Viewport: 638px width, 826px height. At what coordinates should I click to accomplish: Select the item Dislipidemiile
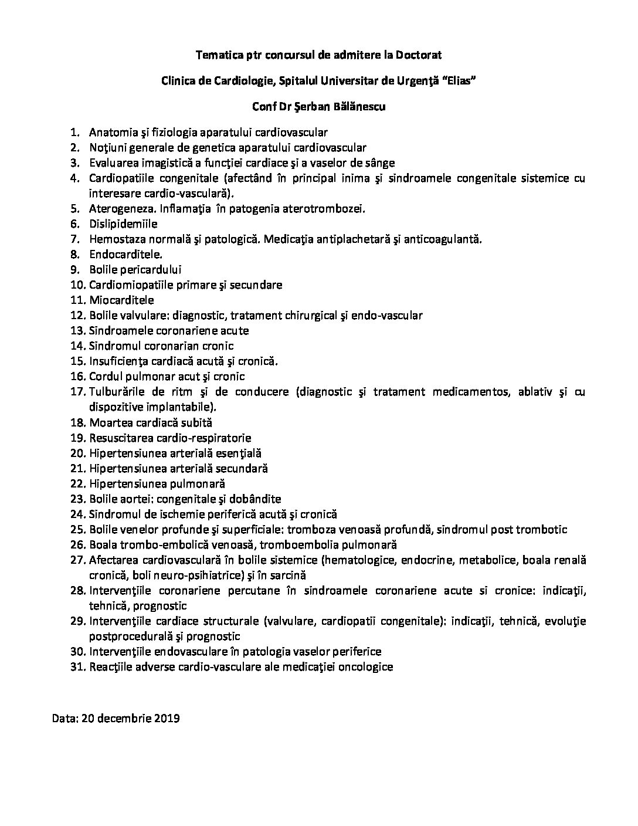(x=123, y=224)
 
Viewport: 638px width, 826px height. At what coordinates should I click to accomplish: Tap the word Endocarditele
(x=125, y=255)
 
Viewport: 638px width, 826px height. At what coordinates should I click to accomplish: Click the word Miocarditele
(x=121, y=300)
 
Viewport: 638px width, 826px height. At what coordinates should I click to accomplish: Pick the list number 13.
(x=78, y=331)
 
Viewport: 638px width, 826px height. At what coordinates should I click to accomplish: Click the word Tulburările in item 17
(x=116, y=392)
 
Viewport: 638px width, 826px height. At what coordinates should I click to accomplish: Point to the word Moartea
(x=107, y=422)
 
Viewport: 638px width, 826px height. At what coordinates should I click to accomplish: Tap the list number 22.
(x=78, y=483)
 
